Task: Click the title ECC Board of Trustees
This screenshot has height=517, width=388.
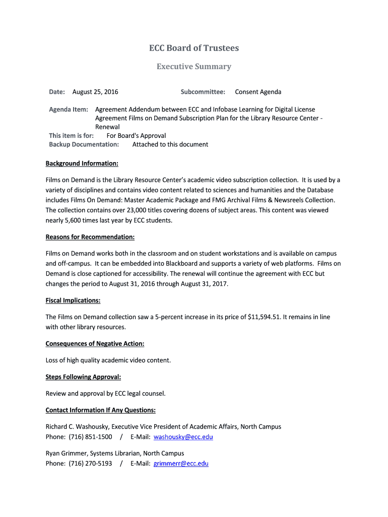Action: tap(194, 48)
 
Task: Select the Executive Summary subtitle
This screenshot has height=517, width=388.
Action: tap(194, 67)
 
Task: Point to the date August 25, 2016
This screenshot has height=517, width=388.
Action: tap(95, 92)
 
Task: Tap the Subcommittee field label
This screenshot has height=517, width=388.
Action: tap(203, 92)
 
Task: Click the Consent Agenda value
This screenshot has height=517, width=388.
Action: tap(258, 92)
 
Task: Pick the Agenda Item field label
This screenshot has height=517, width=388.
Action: tap(69, 110)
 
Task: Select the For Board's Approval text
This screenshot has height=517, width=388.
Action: tap(136, 136)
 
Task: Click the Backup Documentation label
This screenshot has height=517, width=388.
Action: tap(84, 144)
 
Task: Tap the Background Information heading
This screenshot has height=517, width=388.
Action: tap(82, 164)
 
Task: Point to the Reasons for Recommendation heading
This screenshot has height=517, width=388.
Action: tap(90, 237)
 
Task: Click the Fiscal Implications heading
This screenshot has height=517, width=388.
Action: tap(73, 300)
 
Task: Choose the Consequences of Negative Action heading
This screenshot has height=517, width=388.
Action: tap(95, 344)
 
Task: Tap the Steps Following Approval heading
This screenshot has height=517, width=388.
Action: tap(83, 377)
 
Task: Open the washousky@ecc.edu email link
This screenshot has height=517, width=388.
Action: tap(183, 437)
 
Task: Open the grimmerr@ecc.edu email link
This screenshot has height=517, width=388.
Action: tap(181, 463)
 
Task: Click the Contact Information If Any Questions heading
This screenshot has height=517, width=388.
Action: tap(101, 410)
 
